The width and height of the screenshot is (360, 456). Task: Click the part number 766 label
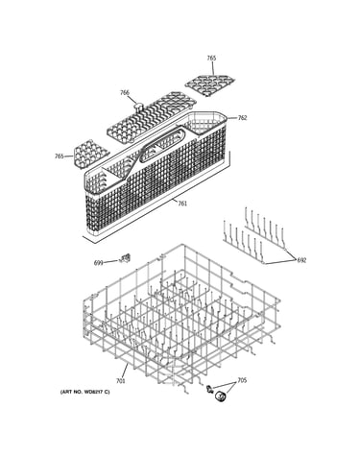(125, 93)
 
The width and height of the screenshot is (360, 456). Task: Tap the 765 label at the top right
(211, 58)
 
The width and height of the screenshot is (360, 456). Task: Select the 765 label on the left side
(59, 156)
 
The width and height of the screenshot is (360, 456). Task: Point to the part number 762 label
(242, 118)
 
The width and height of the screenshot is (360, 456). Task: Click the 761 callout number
(182, 204)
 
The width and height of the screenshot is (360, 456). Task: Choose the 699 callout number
(99, 263)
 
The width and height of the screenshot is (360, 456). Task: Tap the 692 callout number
(301, 260)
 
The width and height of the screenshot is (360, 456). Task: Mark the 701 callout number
(120, 381)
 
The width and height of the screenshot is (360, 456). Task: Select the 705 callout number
(242, 380)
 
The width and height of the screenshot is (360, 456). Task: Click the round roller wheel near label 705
(220, 396)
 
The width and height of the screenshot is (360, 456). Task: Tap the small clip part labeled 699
(125, 258)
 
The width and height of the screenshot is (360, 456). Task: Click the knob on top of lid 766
(138, 106)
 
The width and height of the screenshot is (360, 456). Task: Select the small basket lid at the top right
(209, 84)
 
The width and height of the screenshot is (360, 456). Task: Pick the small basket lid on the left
(89, 155)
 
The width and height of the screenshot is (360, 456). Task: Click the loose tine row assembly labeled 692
(254, 236)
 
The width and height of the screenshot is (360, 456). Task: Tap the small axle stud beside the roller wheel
(210, 389)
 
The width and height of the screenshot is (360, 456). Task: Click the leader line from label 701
(125, 371)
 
